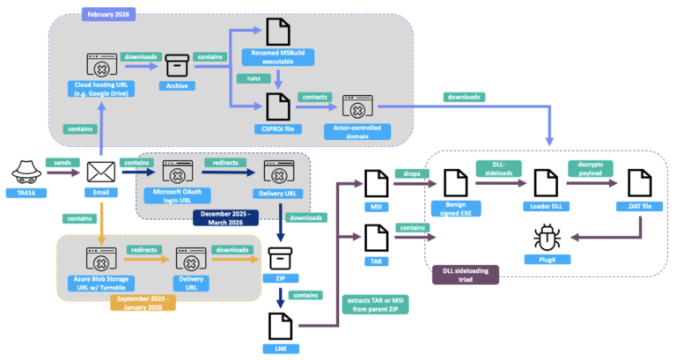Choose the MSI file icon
[x=377, y=183]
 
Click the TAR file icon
[x=377, y=238]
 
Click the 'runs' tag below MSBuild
[x=249, y=79]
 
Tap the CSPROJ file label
[x=277, y=129]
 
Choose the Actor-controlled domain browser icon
[x=357, y=110]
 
